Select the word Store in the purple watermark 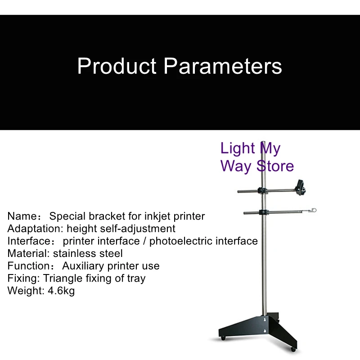click(x=275, y=166)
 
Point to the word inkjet click(x=157, y=216)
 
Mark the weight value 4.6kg click(x=61, y=291)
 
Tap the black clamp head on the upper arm click(x=300, y=187)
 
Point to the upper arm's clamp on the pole click(x=262, y=190)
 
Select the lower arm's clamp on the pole click(x=264, y=212)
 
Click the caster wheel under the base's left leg click(x=223, y=338)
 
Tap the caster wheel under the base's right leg click(x=293, y=350)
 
